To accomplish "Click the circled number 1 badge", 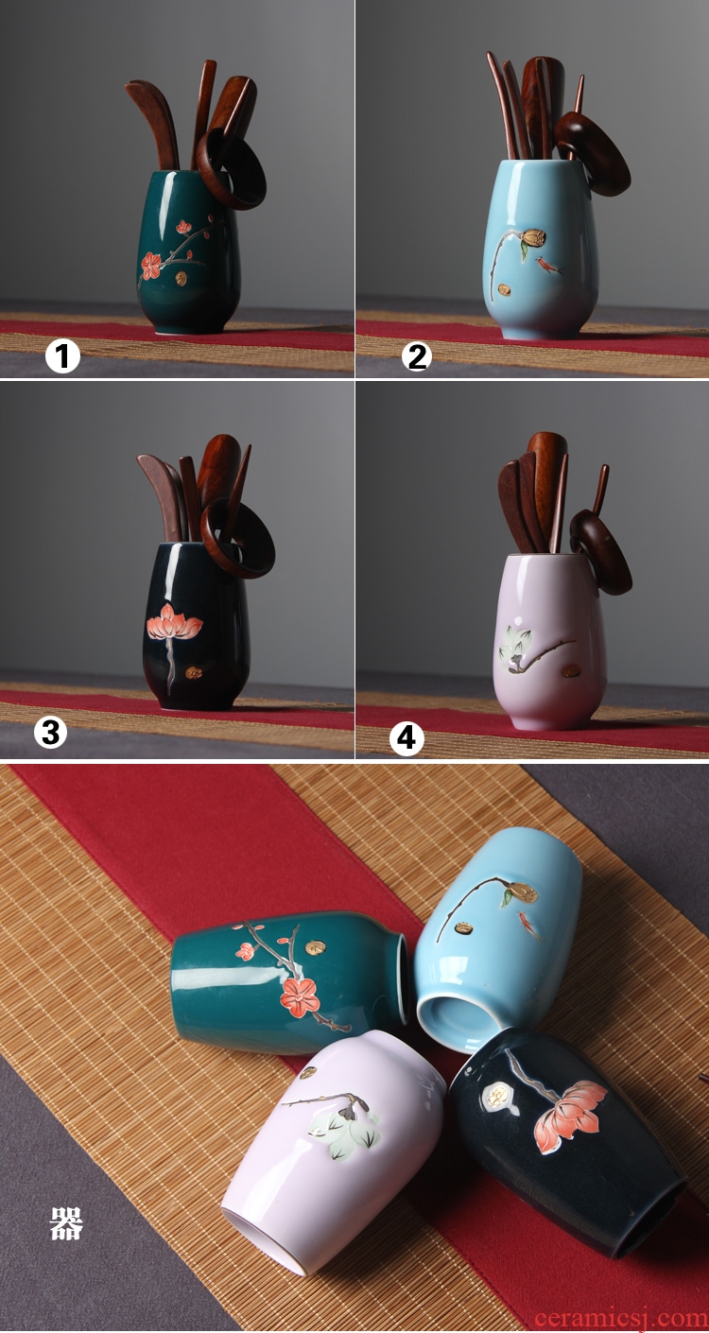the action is [x=62, y=355].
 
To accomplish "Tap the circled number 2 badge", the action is [x=416, y=355].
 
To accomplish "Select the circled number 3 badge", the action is [x=50, y=732].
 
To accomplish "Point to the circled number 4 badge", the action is [x=406, y=738].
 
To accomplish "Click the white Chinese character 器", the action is [x=66, y=1223].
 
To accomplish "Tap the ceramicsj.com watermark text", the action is [x=620, y=1318].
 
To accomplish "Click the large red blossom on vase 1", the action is [x=150, y=265].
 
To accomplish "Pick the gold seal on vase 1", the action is [x=181, y=278].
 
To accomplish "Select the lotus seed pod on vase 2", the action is [x=533, y=237].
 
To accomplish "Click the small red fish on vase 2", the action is [x=550, y=266].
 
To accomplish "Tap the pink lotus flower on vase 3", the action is [x=173, y=622].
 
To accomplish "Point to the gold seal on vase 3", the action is [x=194, y=673].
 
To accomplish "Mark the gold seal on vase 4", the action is [x=572, y=670].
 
